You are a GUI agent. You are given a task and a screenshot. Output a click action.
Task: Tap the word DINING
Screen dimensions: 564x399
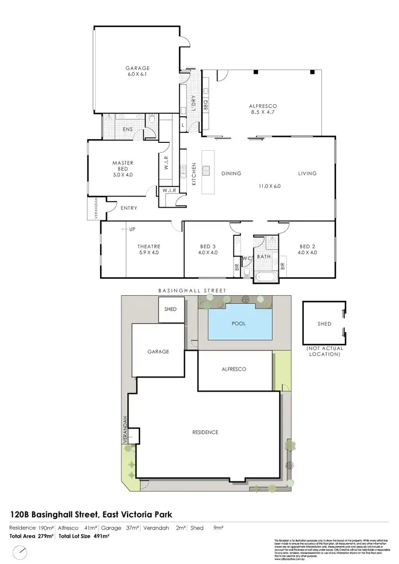(231, 173)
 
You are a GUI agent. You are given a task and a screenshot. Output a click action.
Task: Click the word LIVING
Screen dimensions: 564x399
(307, 173)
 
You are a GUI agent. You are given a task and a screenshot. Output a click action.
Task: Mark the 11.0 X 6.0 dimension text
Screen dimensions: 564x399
(269, 186)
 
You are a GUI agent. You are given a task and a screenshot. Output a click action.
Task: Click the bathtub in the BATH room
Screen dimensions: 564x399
(264, 276)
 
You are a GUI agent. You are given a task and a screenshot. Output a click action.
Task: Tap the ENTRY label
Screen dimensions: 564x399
(129, 208)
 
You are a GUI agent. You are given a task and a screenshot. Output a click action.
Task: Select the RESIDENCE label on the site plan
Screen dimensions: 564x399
(205, 432)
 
